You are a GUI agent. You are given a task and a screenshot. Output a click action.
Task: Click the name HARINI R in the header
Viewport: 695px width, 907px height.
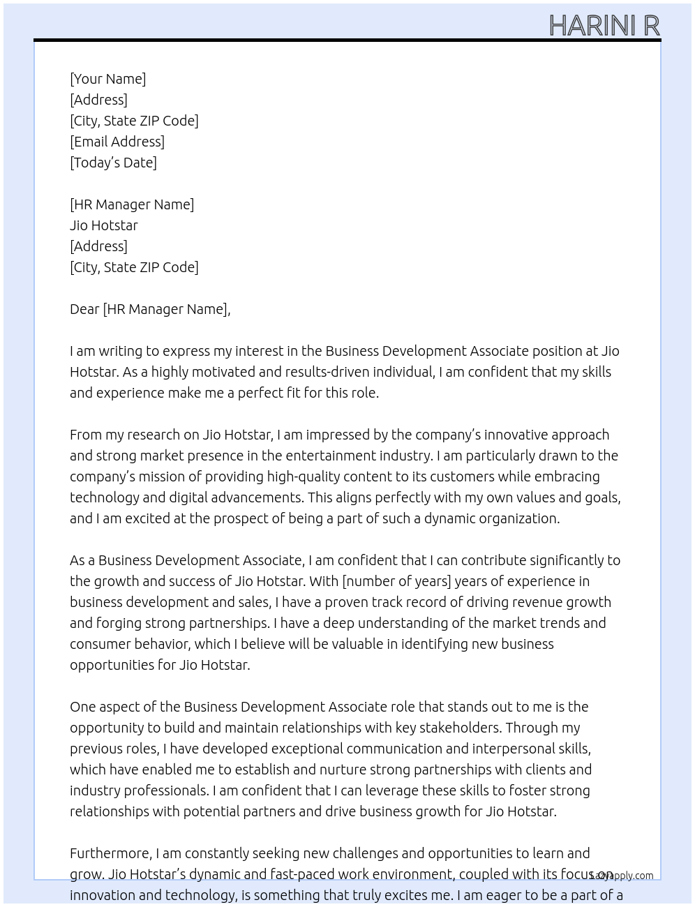click(604, 25)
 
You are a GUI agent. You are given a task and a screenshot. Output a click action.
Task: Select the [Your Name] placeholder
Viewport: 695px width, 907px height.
click(107, 79)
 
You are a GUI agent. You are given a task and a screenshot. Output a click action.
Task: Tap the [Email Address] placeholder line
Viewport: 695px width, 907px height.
click(117, 142)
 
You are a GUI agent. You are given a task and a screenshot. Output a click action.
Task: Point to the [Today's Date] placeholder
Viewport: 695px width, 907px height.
click(113, 163)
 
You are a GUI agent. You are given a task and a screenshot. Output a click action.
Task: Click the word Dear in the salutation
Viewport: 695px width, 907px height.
click(84, 309)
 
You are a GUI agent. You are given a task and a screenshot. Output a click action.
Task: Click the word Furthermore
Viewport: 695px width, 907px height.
click(110, 853)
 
